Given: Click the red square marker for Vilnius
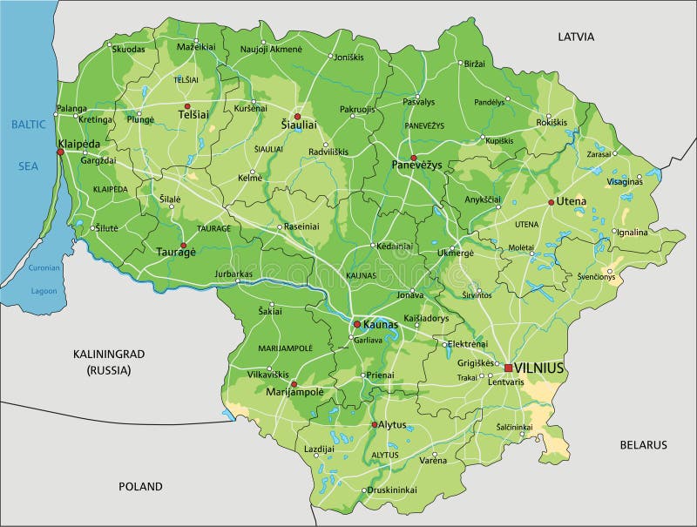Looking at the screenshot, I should (509, 368).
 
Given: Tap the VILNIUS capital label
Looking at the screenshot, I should (539, 368).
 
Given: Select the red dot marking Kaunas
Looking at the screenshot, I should (356, 324).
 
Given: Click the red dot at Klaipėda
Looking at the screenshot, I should (60, 152).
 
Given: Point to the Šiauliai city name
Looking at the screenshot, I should (299, 125).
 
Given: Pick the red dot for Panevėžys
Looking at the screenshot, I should (413, 158).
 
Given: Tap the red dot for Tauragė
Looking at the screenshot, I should (183, 246).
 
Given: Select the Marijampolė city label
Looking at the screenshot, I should (295, 392).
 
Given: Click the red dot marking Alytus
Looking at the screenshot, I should (375, 425).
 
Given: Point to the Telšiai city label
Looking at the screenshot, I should (193, 114).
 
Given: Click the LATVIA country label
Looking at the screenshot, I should (576, 37).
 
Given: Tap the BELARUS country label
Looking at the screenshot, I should (643, 444).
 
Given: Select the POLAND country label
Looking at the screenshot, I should (140, 486).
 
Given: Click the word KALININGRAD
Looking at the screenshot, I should (108, 354).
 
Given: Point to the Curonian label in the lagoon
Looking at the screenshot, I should (43, 268).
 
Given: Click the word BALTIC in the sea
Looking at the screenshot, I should (28, 125).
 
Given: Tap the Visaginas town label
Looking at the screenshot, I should (624, 182).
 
